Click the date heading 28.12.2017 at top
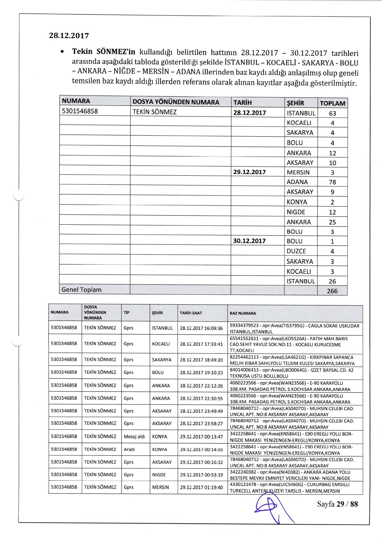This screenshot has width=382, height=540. [69, 36]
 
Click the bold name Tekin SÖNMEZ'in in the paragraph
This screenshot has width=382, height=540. [104, 52]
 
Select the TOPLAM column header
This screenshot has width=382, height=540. [333, 103]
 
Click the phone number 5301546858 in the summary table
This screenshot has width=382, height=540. [80, 111]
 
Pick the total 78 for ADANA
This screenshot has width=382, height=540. [332, 182]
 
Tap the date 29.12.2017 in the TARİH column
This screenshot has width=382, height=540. [249, 172]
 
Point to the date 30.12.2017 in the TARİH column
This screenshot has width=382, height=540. [249, 241]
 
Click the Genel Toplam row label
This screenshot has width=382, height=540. [81, 290]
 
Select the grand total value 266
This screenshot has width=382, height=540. [332, 291]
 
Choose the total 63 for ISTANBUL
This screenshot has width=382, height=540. [332, 113]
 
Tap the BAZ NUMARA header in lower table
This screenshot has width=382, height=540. [243, 313]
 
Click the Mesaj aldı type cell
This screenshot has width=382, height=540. [135, 436]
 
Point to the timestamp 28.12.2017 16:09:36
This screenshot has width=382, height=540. [201, 328]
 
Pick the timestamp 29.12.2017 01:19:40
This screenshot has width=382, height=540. [201, 487]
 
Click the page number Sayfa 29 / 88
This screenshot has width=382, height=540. [337, 504]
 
